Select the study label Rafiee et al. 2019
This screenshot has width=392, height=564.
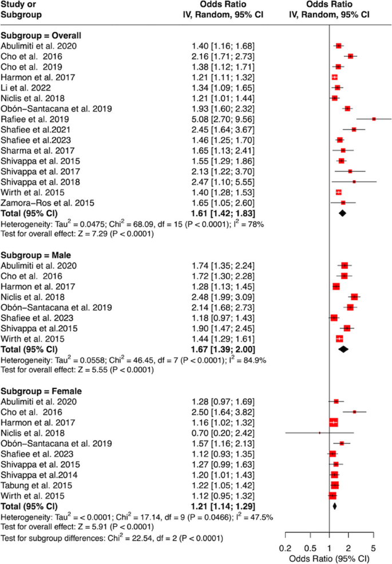click(36, 119)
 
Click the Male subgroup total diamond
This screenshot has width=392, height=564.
click(343, 349)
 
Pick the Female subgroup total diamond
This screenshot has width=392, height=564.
click(334, 506)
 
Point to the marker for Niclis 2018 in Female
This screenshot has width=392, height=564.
click(319, 432)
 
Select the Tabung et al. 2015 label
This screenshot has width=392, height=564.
click(36, 484)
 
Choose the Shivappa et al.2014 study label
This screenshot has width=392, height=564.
click(39, 474)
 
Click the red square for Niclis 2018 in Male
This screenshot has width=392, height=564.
click(354, 296)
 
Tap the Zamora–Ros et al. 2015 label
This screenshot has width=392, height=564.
click(45, 202)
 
